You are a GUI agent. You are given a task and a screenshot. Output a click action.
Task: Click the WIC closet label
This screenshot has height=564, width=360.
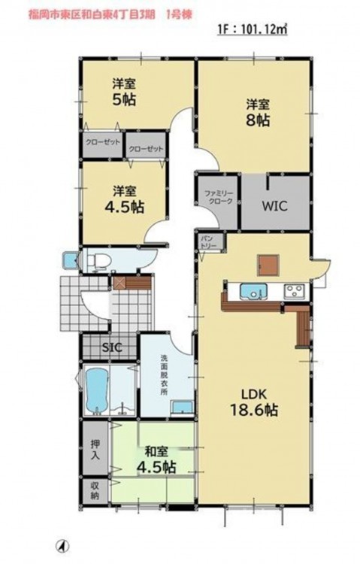(274, 206)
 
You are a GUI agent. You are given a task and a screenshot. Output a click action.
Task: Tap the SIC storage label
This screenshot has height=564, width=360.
(112, 347)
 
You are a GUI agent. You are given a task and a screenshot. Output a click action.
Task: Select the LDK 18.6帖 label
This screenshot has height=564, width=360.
(253, 402)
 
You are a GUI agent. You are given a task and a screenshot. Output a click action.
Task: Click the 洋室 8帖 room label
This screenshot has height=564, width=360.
(258, 113)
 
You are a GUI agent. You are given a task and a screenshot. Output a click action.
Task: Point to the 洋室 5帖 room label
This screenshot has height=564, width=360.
(125, 92)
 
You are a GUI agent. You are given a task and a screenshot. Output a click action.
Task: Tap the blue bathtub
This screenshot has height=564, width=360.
(97, 390)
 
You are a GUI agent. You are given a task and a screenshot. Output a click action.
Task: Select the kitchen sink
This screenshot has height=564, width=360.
(253, 291)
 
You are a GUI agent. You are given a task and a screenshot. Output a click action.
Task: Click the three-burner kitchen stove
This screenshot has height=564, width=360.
(295, 291)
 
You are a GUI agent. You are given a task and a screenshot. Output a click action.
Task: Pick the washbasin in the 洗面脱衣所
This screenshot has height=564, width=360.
(183, 407)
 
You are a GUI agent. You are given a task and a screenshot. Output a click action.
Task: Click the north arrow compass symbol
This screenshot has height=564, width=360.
(62, 546)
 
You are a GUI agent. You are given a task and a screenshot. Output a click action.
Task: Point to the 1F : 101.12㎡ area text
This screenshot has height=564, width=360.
(253, 29)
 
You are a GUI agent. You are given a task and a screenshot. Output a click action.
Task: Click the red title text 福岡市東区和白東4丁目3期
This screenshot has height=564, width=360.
(92, 14)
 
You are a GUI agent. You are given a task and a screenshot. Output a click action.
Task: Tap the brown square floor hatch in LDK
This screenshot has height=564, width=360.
(268, 265)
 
